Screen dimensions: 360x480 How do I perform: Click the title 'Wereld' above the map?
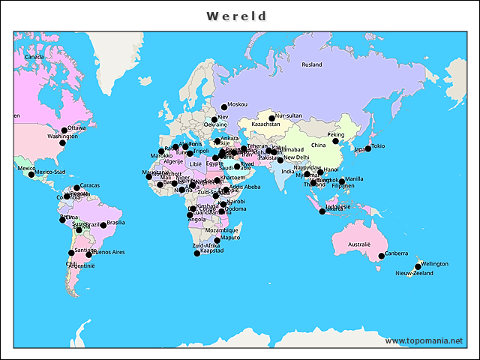click(x=237, y=16)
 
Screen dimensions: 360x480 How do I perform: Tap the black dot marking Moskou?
click(x=223, y=107)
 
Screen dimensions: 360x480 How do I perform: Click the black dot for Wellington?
click(x=418, y=267)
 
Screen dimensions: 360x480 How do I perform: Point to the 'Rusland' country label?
click(x=312, y=65)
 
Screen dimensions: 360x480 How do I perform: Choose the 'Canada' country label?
click(x=34, y=57)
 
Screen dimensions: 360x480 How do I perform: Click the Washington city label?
click(x=62, y=136)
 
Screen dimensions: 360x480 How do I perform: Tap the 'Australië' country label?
click(x=358, y=244)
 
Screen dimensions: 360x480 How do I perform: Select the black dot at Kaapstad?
click(x=197, y=253)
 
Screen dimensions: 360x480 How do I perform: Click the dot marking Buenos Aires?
click(x=89, y=255)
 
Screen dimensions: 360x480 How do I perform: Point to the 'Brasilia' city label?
click(x=115, y=222)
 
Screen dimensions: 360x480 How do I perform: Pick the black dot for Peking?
click(x=336, y=141)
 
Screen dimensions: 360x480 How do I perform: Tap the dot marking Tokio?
click(x=368, y=148)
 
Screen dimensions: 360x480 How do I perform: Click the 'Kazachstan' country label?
click(x=265, y=124)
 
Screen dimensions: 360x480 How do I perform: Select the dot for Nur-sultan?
click(x=272, y=118)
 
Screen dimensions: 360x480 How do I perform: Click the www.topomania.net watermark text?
click(x=424, y=340)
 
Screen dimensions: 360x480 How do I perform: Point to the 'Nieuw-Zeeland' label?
click(x=414, y=274)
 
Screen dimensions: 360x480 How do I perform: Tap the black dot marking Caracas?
click(x=76, y=187)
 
